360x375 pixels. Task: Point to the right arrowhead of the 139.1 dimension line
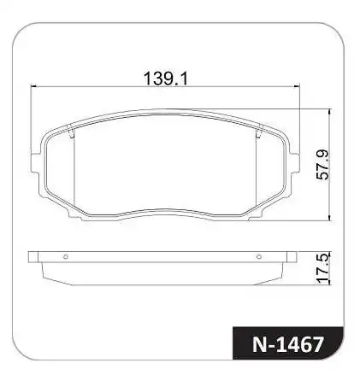click(299, 85)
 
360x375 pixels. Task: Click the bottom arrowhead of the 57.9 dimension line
click(330, 219)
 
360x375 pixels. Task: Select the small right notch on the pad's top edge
click(258, 130)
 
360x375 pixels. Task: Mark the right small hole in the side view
click(260, 255)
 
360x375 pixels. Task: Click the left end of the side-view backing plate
click(32, 255)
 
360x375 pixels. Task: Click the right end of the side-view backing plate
click(295, 255)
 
